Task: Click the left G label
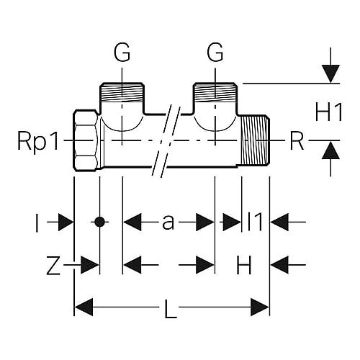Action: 122,53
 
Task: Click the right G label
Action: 215,53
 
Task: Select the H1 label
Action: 328,112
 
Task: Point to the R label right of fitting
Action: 297,142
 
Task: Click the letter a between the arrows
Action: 168,222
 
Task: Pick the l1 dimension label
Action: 255,222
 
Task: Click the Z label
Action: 53,265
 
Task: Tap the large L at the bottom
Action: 171,309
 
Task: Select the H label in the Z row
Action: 244,265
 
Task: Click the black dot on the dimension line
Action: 99,222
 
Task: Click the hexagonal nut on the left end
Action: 86,140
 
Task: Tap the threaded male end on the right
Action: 255,140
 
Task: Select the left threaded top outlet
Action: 122,93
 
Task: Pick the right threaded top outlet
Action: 215,93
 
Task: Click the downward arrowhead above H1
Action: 330,74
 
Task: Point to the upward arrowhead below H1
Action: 330,150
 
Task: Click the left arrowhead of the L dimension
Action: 84,307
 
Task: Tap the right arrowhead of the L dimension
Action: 260,307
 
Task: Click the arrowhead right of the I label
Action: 66,222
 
